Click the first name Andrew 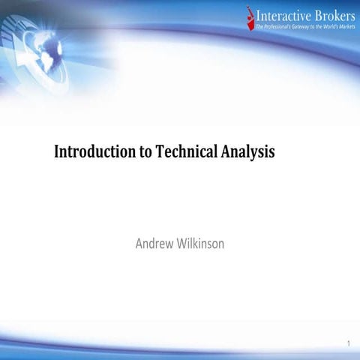pyautogui.click(x=154, y=243)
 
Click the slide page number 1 pyautogui.click(x=349, y=344)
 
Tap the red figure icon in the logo pyautogui.click(x=250, y=16)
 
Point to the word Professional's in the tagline pyautogui.click(x=281, y=26)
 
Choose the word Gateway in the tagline pyautogui.click(x=310, y=26)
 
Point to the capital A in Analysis pyautogui.click(x=226, y=152)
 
